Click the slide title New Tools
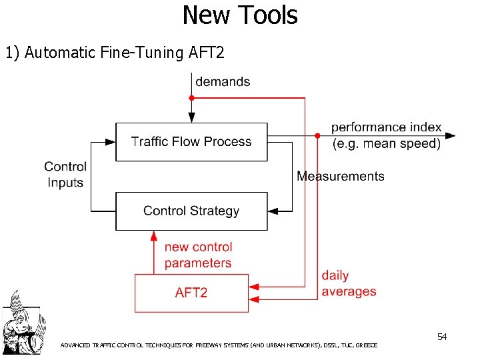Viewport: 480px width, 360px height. [x=240, y=15]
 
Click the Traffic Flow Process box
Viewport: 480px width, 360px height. [x=191, y=141]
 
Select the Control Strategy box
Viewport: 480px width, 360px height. [x=191, y=211]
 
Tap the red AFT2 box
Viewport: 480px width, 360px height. [x=191, y=293]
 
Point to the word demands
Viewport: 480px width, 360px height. [x=223, y=82]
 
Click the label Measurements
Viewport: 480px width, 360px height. [x=341, y=176]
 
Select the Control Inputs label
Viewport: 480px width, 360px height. [x=65, y=175]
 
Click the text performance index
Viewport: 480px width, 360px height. [x=387, y=127]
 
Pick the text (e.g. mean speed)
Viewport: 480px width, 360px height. [x=387, y=143]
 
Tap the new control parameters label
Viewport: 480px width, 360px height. [x=198, y=255]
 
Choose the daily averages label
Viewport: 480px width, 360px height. [x=348, y=283]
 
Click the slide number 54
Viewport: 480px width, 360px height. [x=442, y=337]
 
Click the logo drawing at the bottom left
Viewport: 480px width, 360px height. [x=21, y=321]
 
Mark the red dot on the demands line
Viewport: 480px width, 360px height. [x=192, y=98]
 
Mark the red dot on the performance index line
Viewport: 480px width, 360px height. [x=316, y=135]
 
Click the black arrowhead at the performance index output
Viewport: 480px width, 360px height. [x=451, y=135]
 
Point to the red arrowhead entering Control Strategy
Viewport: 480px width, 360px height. [x=154, y=235]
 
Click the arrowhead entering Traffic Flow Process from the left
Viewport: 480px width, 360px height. [x=111, y=141]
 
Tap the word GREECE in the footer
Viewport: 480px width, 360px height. [x=366, y=345]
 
